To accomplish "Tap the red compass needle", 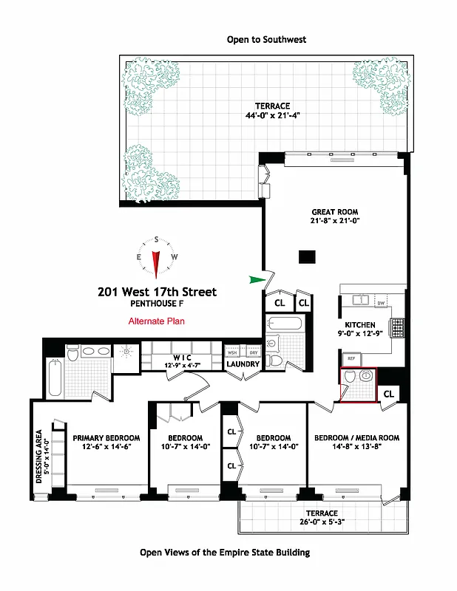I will tap(156, 263).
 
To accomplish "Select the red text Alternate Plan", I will tap(156, 321).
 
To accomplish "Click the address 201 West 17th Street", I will tap(158, 292).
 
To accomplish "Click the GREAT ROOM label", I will tap(334, 212).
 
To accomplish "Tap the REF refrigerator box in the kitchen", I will tap(351, 358).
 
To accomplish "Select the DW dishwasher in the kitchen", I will tap(382, 303).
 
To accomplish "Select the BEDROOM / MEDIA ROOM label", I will tap(356, 438).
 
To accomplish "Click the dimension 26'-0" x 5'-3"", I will tap(322, 522).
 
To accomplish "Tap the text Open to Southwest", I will tap(266, 39).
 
